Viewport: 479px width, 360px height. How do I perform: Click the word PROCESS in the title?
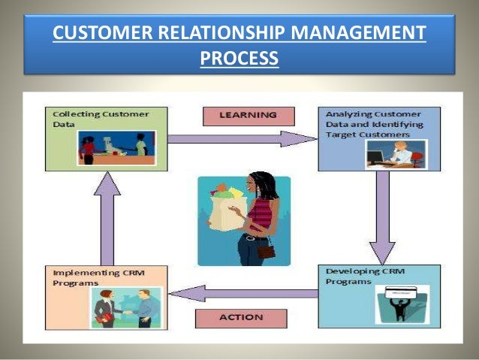pyautogui.click(x=239, y=58)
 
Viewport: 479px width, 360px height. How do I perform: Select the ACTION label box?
pyautogui.click(x=240, y=317)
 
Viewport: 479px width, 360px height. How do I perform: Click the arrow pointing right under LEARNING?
pyautogui.click(x=240, y=138)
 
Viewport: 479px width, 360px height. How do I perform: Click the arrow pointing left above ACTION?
pyautogui.click(x=240, y=293)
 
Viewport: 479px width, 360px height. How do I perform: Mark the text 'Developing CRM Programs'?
pyautogui.click(x=359, y=275)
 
